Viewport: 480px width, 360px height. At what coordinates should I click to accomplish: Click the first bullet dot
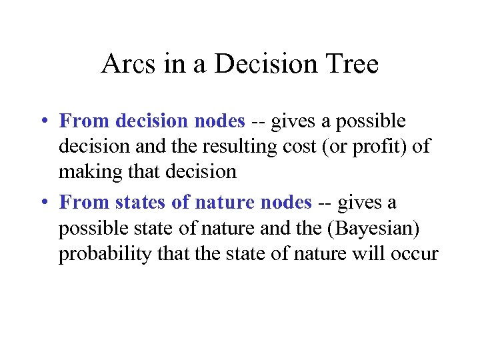click(x=42, y=122)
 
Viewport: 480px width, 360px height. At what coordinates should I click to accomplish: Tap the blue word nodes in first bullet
click(x=221, y=121)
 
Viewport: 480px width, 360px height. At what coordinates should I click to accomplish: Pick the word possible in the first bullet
click(x=370, y=121)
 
